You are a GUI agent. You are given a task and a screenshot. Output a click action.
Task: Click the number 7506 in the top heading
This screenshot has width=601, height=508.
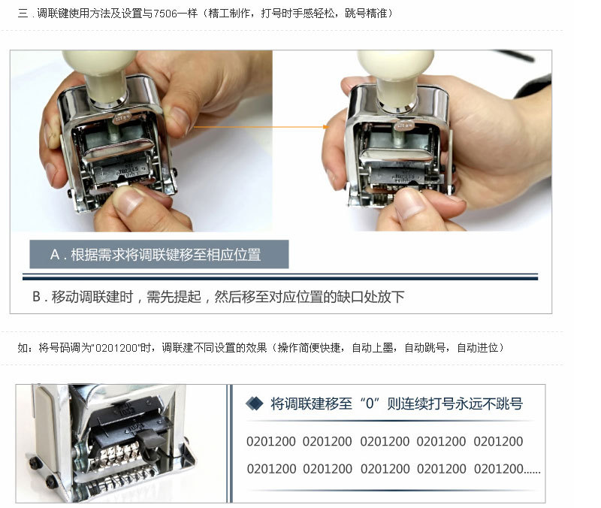click(165, 14)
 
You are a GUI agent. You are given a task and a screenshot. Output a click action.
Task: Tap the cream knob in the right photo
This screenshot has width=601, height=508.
click(397, 77)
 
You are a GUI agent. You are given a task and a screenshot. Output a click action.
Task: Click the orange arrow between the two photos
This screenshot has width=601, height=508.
click(261, 126)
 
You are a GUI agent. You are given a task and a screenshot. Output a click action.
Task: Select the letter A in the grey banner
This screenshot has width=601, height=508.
click(55, 255)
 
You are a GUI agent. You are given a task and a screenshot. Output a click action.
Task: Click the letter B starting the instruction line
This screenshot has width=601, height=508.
click(36, 297)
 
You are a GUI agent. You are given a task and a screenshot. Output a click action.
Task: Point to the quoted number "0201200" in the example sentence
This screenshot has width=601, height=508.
click(116, 348)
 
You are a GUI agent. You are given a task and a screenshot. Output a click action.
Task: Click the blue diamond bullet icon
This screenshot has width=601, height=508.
click(255, 404)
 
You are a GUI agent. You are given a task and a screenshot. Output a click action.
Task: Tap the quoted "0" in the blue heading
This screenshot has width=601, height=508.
click(370, 404)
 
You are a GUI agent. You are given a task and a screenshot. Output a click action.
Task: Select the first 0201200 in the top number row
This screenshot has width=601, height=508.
click(271, 441)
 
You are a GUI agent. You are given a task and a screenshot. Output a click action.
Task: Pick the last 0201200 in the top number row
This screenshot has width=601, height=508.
click(498, 441)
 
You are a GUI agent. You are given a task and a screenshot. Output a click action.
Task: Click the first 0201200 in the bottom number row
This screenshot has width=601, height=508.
click(271, 468)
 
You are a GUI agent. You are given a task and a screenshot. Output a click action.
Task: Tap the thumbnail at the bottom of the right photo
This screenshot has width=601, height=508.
click(410, 204)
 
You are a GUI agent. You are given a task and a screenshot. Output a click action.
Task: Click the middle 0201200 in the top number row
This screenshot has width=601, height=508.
click(385, 441)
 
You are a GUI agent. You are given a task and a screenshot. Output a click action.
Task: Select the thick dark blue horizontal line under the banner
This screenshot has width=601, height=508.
click(280, 277)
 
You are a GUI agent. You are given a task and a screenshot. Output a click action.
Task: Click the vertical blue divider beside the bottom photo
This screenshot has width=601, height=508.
click(230, 443)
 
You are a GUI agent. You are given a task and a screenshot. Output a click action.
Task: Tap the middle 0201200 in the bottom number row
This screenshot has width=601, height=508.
click(385, 468)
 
